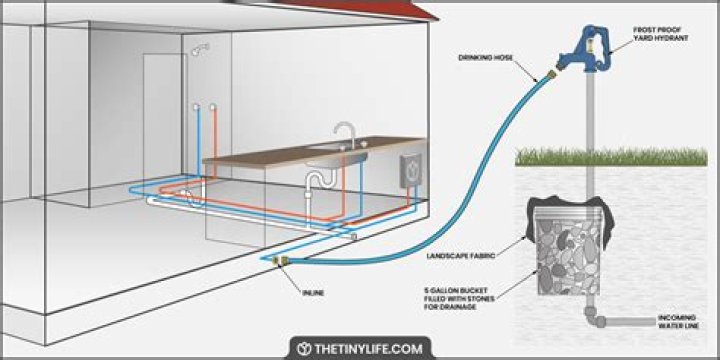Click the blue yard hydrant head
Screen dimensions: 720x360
click(x=586, y=50)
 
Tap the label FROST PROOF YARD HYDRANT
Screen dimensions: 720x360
click(x=660, y=34)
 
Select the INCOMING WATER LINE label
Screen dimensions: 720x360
click(x=678, y=321)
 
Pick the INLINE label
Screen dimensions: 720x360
click(x=313, y=292)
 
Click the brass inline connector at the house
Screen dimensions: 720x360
click(x=280, y=261)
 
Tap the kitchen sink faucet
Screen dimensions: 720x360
click(x=345, y=135)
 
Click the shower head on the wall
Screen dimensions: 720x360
click(x=200, y=49)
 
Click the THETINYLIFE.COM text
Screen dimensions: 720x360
click(x=368, y=349)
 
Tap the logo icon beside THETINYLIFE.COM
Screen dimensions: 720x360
click(x=303, y=349)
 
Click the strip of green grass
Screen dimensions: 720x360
click(x=611, y=157)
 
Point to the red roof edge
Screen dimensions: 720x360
click(x=349, y=9)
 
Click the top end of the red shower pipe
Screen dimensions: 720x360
click(x=213, y=107)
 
